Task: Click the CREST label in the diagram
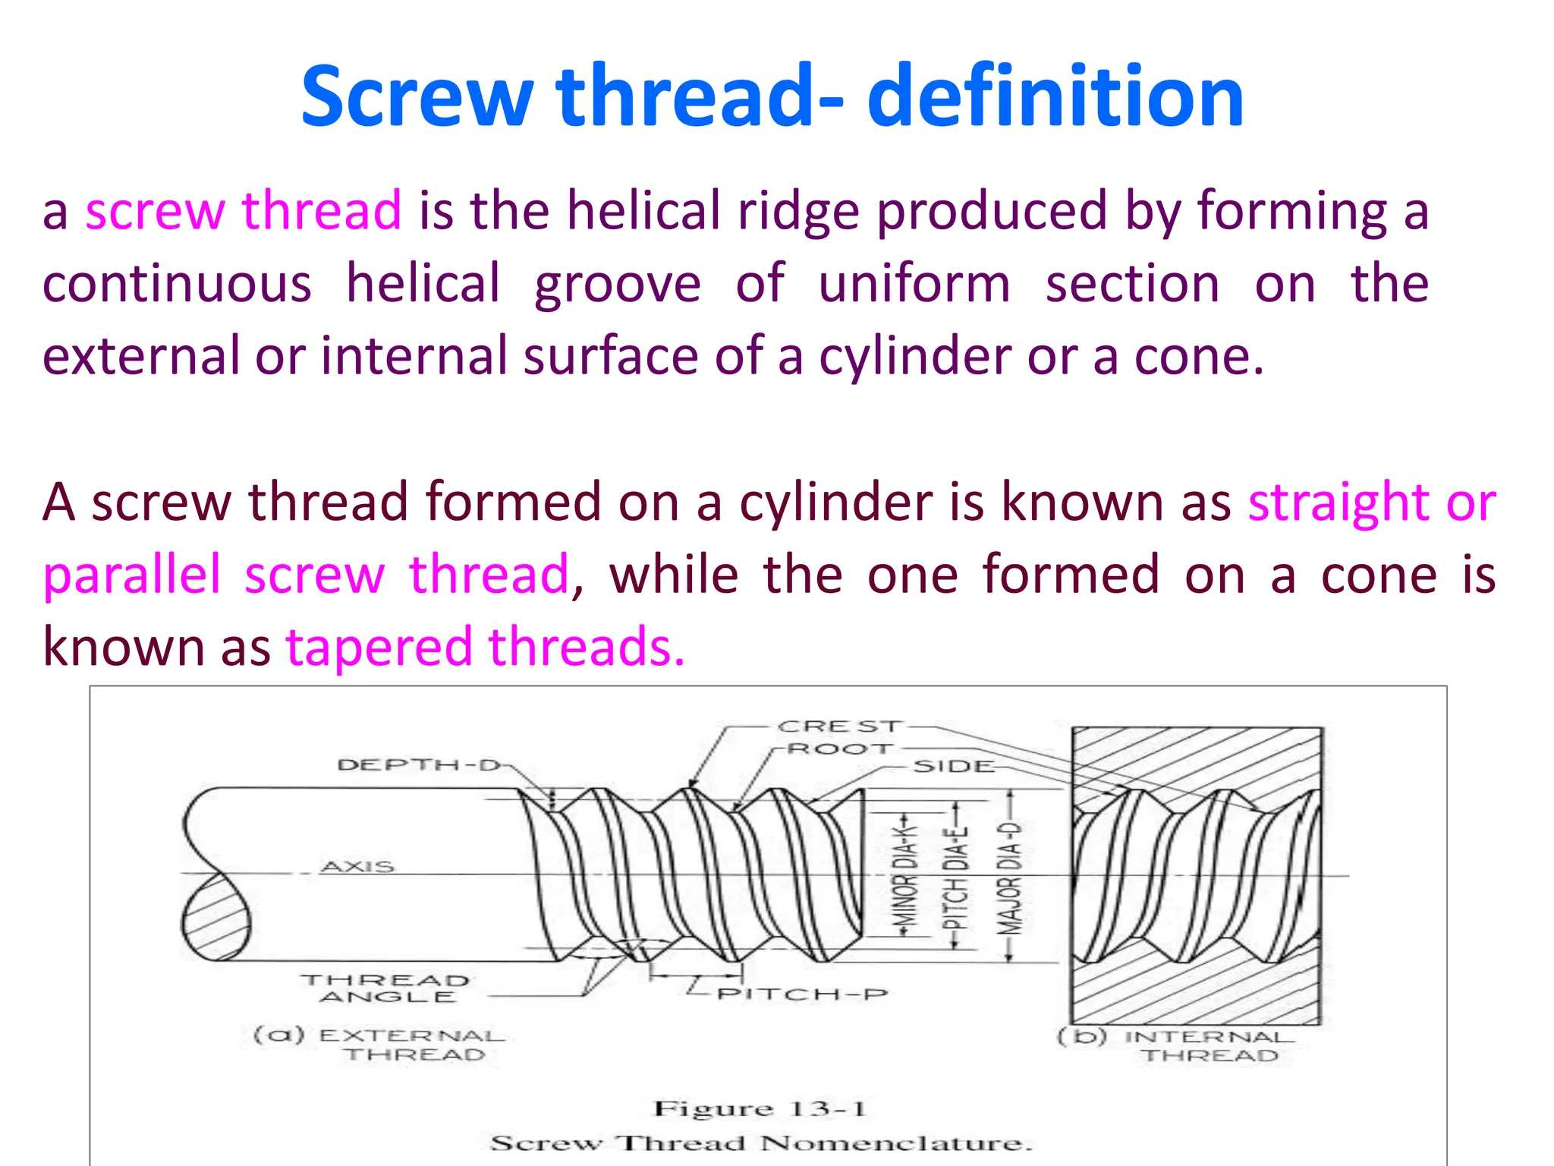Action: click(839, 726)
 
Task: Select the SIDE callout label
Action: click(953, 767)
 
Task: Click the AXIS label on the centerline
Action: click(357, 866)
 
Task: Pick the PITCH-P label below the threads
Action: click(802, 994)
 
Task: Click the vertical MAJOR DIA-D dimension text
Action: click(1010, 877)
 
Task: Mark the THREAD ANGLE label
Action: click(386, 988)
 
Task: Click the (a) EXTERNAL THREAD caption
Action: click(379, 1045)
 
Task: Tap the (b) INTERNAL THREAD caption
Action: click(1175, 1046)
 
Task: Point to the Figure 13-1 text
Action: click(760, 1109)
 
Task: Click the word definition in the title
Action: click(1055, 96)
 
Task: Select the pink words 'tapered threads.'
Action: click(486, 647)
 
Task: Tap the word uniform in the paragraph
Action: click(914, 283)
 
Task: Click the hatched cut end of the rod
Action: click(215, 918)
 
